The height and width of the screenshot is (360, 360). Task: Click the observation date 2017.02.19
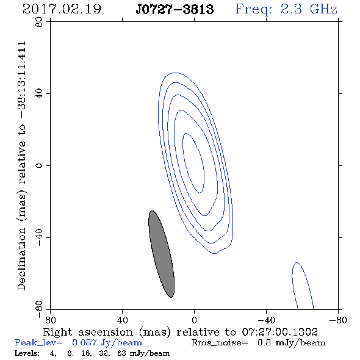(x=62, y=9)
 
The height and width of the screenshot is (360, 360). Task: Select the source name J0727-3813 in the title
(x=175, y=10)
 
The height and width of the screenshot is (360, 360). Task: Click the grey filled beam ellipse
(x=162, y=254)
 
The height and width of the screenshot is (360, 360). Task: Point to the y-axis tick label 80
(x=40, y=22)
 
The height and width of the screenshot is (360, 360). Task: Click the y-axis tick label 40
(x=40, y=94)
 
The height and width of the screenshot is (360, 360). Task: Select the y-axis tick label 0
(x=40, y=165)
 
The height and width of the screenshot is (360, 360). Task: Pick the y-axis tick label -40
(x=40, y=238)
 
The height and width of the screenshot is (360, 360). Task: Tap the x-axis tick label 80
(x=50, y=320)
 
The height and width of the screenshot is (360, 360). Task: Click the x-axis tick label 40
(x=122, y=320)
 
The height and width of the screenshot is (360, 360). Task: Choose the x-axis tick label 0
(x=194, y=320)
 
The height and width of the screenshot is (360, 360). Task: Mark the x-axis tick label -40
(x=266, y=320)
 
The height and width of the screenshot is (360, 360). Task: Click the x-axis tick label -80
(x=338, y=320)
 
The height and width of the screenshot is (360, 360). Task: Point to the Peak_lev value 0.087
(x=84, y=342)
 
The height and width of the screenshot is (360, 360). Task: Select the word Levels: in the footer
(x=27, y=353)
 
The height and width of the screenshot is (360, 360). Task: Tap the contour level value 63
(x=121, y=353)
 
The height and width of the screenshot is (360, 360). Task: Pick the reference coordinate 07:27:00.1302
(x=280, y=332)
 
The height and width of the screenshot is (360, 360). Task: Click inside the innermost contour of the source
(x=193, y=163)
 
